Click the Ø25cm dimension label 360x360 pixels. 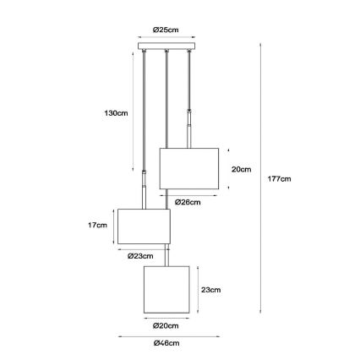(x=166, y=30)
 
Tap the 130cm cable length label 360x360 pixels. (x=116, y=113)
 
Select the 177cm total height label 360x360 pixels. (x=279, y=179)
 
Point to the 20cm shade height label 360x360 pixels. (x=241, y=170)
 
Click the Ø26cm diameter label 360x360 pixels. (x=188, y=202)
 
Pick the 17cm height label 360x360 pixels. (x=97, y=225)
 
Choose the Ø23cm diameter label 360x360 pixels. (x=140, y=256)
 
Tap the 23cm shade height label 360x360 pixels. (x=210, y=290)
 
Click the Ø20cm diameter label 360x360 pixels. (x=166, y=326)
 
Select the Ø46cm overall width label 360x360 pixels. (x=166, y=343)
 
